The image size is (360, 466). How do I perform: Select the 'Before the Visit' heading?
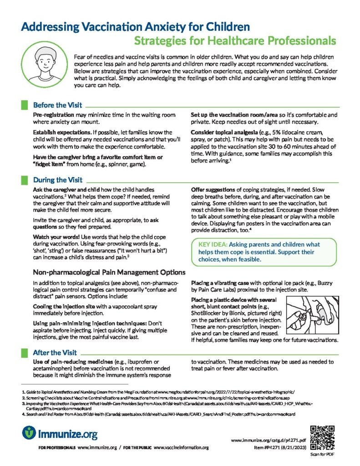point(57,105)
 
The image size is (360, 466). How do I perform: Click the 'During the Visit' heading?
point(57,180)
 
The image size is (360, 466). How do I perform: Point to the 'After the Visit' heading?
point(55,352)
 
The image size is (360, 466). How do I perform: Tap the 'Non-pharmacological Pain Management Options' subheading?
point(109,273)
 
